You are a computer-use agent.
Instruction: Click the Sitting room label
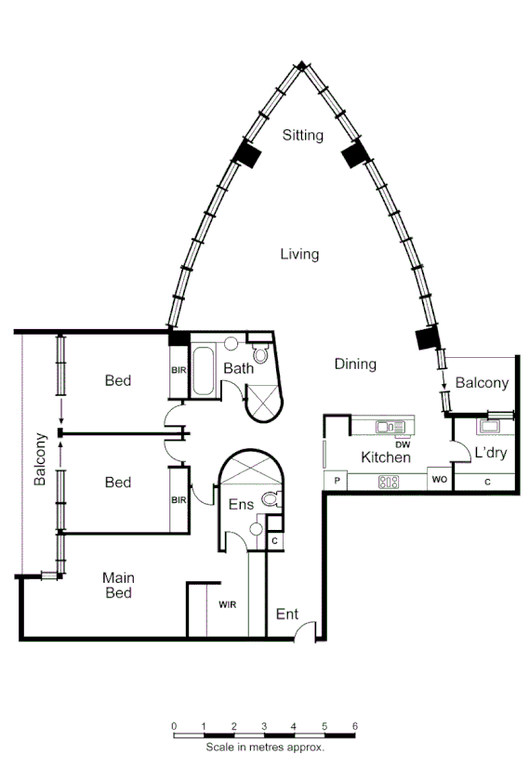coord(303,136)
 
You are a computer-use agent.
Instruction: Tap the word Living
coord(299,254)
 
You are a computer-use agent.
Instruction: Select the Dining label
coord(355,364)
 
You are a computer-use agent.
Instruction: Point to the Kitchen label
coord(386,457)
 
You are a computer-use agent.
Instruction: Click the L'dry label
coord(490,453)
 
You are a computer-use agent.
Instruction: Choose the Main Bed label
coord(117,585)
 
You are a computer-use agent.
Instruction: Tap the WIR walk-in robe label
coord(227,604)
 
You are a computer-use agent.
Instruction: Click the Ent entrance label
coord(287,615)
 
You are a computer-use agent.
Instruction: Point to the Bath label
coord(238,369)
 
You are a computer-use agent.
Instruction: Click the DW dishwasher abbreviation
coord(403,444)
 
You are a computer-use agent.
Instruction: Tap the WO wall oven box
coord(438,481)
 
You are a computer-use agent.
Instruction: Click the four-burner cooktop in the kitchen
coord(389,482)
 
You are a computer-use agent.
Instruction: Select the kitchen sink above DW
coord(386,427)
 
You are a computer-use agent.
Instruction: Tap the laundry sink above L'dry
coord(490,427)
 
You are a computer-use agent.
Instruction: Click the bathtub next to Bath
coord(204,373)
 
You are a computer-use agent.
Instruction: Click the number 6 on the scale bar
coord(354,726)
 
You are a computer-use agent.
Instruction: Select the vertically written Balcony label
coord(40,459)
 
